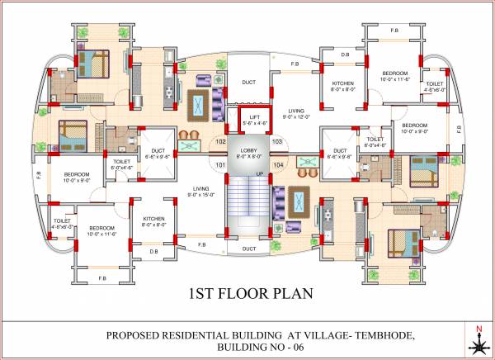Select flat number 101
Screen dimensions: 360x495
point(220,165)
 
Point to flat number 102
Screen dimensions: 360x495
point(220,141)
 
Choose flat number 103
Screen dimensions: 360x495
point(277,141)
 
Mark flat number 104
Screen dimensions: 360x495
point(277,165)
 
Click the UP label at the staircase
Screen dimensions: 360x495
point(260,173)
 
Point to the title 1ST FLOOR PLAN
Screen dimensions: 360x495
point(247,294)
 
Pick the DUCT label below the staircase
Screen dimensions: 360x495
point(248,248)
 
